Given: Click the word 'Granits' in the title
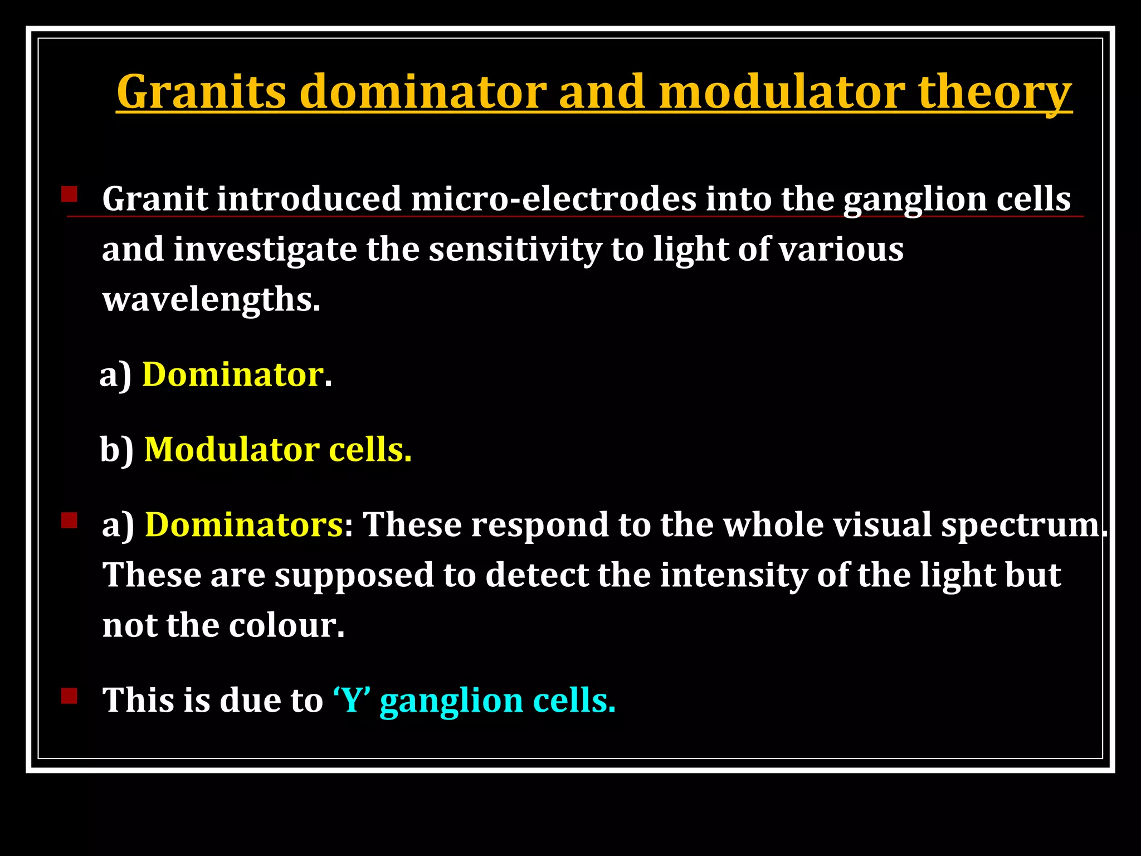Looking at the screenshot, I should [202, 91].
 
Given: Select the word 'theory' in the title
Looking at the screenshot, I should [994, 91].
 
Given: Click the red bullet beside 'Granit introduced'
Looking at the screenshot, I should [69, 194].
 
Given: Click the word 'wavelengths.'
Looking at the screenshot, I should [212, 300].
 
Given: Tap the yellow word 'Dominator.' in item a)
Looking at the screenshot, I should [233, 374].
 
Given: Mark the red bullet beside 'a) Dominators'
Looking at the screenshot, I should [69, 521].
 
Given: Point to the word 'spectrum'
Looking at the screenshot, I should [1021, 526].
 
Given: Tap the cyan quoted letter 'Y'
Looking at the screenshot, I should [352, 700].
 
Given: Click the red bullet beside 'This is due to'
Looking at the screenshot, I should [69, 696].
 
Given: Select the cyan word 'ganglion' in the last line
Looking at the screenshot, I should [451, 701].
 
